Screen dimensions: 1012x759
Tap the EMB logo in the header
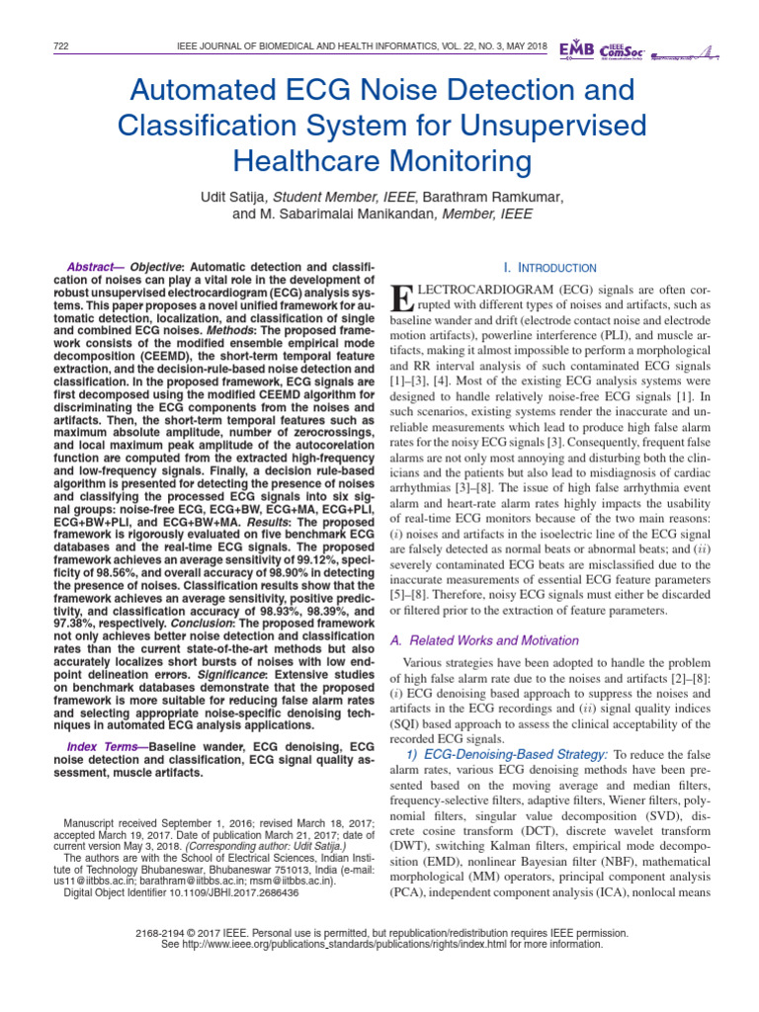(x=577, y=48)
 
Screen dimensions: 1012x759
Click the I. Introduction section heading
(x=549, y=268)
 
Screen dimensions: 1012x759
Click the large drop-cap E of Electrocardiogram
(x=401, y=295)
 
